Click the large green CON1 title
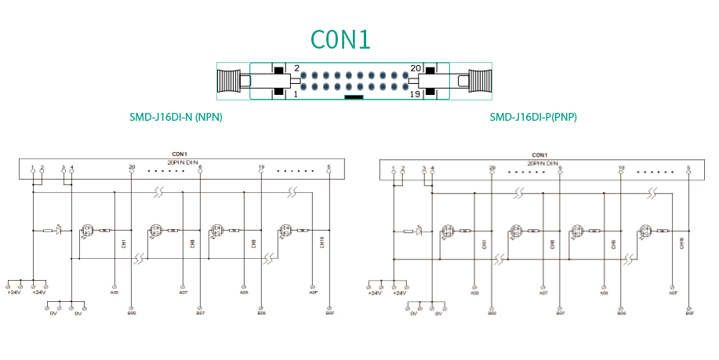click(x=340, y=39)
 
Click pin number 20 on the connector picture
click(x=416, y=69)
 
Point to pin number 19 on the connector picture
click(x=416, y=94)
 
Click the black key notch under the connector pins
click(x=354, y=98)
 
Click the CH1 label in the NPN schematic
click(x=123, y=245)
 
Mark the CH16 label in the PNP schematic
click(x=681, y=243)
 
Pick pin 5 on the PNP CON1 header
click(x=688, y=168)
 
